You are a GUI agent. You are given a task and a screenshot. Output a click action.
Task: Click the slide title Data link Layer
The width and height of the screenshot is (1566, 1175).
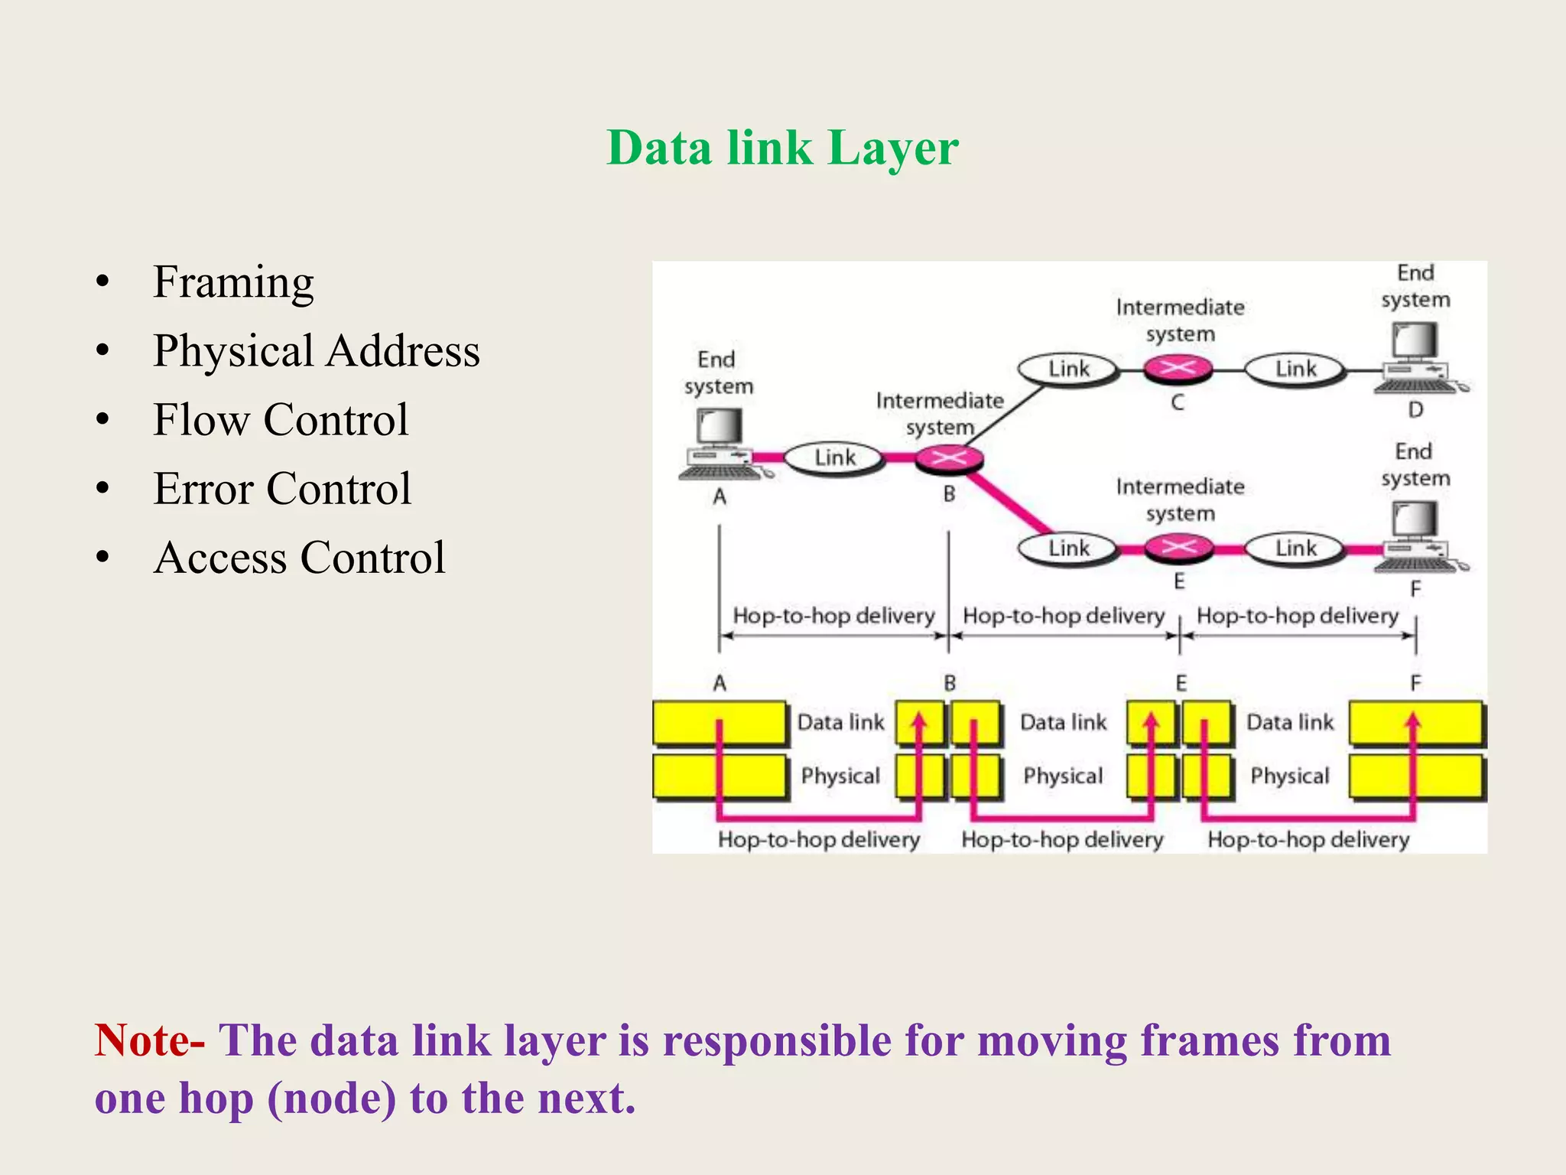point(782,147)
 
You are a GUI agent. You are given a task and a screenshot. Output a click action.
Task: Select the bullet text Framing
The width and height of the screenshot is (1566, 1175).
point(233,282)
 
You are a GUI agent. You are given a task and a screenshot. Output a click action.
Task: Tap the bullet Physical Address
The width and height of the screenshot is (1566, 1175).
point(316,351)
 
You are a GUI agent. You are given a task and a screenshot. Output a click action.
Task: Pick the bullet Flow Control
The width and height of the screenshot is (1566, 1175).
point(281,420)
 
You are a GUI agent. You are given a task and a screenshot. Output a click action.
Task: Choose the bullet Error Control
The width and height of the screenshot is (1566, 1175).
point(282,489)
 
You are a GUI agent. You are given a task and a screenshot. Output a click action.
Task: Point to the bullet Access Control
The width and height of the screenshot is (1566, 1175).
point(299,558)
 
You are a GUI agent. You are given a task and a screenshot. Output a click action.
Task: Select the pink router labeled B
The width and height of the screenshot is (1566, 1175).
point(949,458)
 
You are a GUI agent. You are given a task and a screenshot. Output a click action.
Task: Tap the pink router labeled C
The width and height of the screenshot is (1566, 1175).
point(1178,369)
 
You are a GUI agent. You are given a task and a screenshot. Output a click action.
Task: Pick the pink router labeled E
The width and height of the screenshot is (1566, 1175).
point(1178,547)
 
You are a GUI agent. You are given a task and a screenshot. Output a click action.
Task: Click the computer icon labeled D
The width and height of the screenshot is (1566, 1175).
point(1417,356)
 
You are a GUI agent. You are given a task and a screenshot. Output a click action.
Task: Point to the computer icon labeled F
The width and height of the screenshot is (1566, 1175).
point(1417,536)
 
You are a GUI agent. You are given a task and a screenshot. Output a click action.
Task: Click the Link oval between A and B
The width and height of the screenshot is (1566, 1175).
point(834,458)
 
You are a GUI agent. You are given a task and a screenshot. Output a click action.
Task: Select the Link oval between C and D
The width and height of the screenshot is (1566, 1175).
point(1295,369)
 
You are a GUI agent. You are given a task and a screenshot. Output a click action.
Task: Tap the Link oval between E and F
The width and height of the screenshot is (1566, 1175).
point(1295,548)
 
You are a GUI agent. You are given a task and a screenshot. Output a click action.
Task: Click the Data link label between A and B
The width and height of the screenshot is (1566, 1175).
point(840,722)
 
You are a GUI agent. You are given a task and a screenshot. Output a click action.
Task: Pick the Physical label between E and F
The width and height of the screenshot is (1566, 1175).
point(1290,776)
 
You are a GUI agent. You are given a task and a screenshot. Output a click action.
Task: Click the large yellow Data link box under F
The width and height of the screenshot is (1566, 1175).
point(1415,723)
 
